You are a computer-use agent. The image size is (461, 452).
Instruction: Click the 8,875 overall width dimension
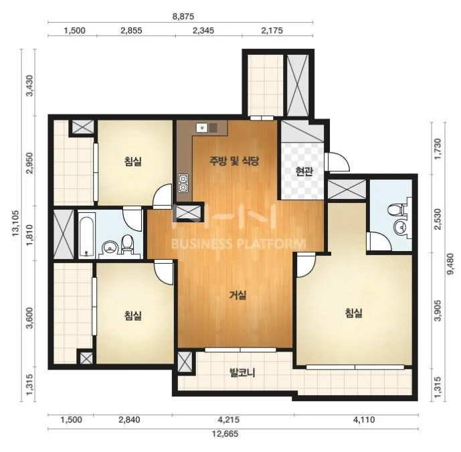(x=183, y=16)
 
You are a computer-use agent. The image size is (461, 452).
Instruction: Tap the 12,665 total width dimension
(x=225, y=433)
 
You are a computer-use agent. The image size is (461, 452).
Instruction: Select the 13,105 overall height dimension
(x=15, y=223)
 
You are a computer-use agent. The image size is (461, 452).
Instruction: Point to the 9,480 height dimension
(x=450, y=264)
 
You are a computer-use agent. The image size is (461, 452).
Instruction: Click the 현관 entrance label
(x=304, y=171)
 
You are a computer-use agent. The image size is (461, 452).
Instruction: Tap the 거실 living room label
(x=238, y=295)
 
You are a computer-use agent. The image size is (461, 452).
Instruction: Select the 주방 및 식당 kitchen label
(x=234, y=161)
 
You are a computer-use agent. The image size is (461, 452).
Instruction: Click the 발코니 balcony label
(x=242, y=373)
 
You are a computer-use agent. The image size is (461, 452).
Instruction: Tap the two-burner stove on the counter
(x=183, y=183)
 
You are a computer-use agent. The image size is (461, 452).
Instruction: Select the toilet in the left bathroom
(x=127, y=244)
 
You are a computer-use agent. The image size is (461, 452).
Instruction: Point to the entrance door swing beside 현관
(x=338, y=161)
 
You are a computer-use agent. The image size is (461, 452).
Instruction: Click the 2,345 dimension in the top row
(x=203, y=30)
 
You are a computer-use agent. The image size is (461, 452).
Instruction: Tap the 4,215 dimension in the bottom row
(x=228, y=419)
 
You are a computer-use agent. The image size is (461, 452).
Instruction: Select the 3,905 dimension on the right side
(x=438, y=311)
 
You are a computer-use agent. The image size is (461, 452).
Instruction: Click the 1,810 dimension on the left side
(x=31, y=233)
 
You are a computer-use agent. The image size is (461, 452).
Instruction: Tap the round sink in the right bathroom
(x=400, y=228)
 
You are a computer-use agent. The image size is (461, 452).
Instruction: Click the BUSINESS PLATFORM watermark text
(x=238, y=244)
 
